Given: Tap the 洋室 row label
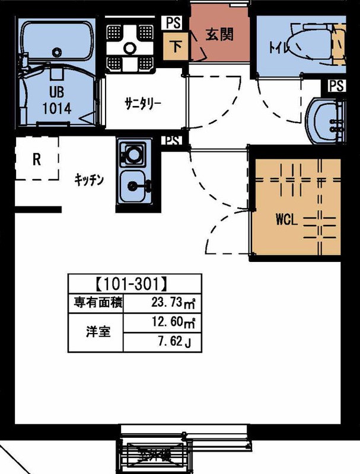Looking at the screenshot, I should coord(95,333).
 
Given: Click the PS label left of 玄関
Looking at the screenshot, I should coord(173,23).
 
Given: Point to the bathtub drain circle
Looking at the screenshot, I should coord(57,51).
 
